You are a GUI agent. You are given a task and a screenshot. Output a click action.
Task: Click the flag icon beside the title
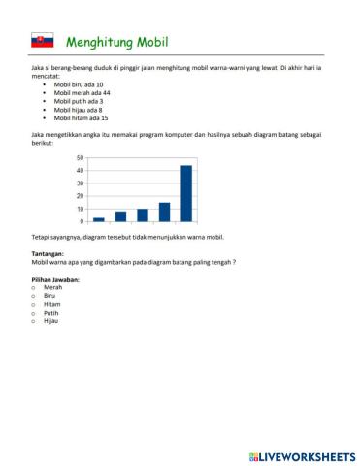pyautogui.click(x=42, y=41)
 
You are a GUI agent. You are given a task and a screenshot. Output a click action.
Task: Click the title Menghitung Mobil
pyautogui.click(x=116, y=42)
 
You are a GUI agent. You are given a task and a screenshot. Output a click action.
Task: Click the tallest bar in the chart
pyautogui.click(x=186, y=193)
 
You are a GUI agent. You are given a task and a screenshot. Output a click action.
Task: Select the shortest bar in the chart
pyautogui.click(x=99, y=219)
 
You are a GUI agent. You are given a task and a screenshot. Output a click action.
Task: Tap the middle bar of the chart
pyautogui.click(x=143, y=215)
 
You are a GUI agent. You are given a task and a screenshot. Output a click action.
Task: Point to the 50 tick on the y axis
pyautogui.click(x=80, y=158)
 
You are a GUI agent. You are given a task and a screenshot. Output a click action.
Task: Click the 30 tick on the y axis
pyautogui.click(x=80, y=183)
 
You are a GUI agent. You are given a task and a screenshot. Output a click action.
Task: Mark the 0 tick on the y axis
pyautogui.click(x=82, y=221)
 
